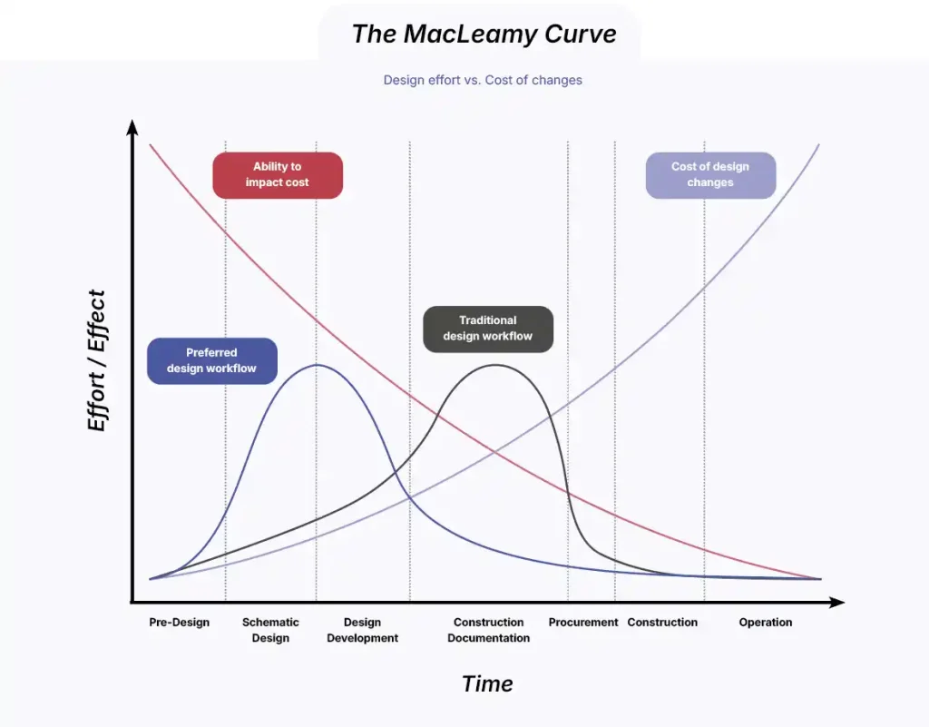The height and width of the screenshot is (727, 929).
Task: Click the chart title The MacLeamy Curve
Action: (484, 34)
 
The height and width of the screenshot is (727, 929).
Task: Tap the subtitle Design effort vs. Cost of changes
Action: (483, 80)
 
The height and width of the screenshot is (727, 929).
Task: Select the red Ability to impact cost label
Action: (278, 175)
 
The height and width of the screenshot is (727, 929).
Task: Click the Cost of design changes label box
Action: (710, 175)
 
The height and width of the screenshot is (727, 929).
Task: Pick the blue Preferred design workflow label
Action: (211, 360)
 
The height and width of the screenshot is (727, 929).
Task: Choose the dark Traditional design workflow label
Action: (488, 329)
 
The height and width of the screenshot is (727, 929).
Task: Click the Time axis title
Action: (487, 684)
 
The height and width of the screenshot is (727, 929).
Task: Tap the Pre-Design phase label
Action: (180, 623)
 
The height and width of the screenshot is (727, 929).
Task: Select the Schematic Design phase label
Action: (270, 630)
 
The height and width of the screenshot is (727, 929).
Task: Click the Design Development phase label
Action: (362, 630)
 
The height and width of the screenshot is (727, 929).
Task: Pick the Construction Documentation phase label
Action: (488, 630)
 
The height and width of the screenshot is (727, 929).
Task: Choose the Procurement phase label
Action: (583, 623)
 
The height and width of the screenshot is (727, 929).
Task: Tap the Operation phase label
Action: (766, 623)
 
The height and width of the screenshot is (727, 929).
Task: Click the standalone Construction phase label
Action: (662, 623)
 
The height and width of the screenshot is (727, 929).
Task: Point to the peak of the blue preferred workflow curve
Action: (316, 365)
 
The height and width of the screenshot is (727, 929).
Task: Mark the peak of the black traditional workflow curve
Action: (495, 365)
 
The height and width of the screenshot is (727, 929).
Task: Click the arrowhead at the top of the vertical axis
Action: (132, 126)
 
